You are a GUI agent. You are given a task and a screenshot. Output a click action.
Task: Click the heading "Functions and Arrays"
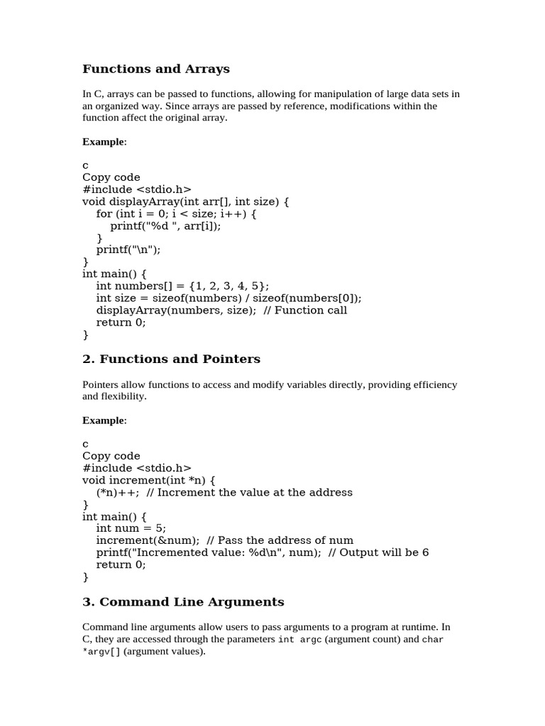click(x=156, y=69)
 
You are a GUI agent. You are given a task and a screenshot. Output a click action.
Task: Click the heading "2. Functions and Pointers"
click(x=171, y=359)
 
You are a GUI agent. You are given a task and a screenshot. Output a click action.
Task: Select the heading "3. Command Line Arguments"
click(x=183, y=602)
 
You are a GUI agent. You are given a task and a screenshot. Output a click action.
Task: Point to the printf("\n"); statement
click(x=133, y=250)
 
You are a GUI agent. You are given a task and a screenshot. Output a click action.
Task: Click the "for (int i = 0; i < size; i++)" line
click(x=176, y=213)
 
